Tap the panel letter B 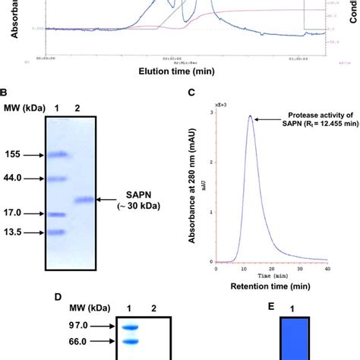pos(5,92)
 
